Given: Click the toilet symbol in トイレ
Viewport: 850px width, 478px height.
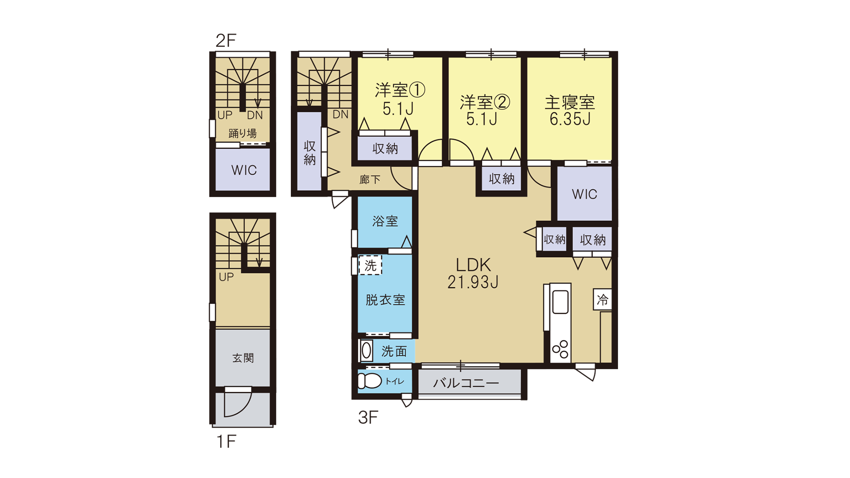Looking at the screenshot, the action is tap(370, 381).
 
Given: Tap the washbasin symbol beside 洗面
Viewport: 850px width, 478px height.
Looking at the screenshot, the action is tap(367, 351).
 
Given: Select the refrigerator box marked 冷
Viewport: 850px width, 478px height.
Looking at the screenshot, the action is tap(603, 300).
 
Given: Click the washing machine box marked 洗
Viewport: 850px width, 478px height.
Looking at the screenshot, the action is tap(370, 265).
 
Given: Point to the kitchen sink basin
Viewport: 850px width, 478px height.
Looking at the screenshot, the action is tap(560, 302).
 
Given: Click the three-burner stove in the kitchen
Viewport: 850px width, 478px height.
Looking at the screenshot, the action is tap(560, 349).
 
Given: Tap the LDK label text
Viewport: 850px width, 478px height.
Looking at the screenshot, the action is tap(473, 265).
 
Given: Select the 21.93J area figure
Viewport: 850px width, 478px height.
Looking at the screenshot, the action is tap(473, 282).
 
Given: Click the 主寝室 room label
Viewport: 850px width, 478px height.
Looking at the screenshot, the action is tap(569, 102).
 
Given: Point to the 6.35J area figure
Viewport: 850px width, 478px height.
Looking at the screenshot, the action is tap(570, 119).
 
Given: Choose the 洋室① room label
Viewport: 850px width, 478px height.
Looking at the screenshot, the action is tap(400, 90).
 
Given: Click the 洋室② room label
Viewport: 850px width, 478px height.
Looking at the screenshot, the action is tap(485, 102).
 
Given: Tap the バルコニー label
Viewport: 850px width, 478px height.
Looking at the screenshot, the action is tap(466, 383).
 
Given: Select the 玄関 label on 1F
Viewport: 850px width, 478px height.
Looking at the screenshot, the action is tap(243, 358).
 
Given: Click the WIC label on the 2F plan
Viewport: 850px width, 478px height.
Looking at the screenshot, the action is tap(244, 170).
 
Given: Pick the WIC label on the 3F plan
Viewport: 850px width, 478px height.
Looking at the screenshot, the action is tap(584, 194).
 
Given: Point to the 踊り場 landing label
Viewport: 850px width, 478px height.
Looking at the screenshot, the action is tap(243, 133).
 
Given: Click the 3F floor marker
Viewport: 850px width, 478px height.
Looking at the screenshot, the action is tap(368, 417).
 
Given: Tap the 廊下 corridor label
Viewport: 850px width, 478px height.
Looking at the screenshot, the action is tap(370, 179).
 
